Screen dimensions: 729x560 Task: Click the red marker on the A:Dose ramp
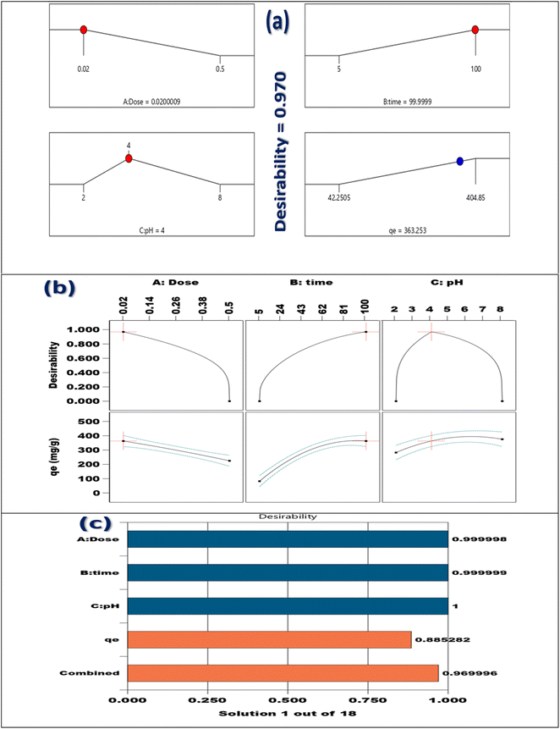click(x=83, y=30)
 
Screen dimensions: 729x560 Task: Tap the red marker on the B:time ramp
click(x=475, y=30)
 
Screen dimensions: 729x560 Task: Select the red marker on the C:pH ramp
click(x=129, y=157)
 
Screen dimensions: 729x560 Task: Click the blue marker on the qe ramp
click(x=459, y=161)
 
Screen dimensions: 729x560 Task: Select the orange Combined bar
click(x=283, y=672)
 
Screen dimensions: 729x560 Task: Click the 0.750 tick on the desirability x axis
click(x=366, y=700)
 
